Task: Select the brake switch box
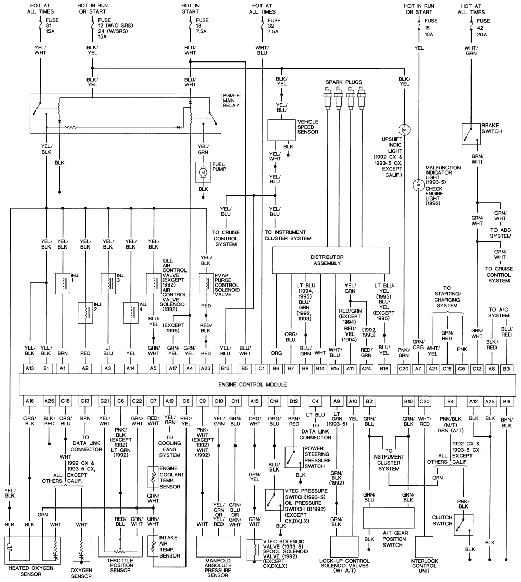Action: click(470, 134)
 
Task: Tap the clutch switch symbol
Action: click(463, 525)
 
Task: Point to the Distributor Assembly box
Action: click(331, 260)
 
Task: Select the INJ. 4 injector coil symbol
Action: click(131, 313)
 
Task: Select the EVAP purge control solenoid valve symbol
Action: click(207, 283)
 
